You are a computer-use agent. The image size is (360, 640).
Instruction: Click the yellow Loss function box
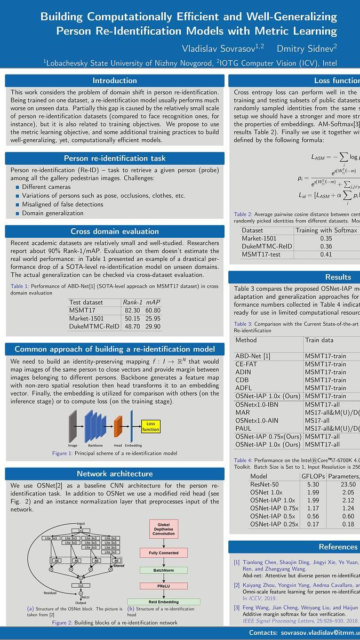pyautogui.click(x=151, y=426)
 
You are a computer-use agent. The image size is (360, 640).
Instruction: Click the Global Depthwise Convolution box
pyautogui.click(x=164, y=530)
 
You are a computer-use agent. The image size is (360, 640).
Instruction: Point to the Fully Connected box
pyautogui.click(x=164, y=553)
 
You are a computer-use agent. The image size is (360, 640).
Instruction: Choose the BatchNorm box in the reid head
pyautogui.click(x=164, y=570)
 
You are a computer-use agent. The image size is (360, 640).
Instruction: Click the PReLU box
pyautogui.click(x=164, y=586)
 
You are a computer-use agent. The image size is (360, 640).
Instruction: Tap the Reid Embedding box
pyautogui.click(x=164, y=602)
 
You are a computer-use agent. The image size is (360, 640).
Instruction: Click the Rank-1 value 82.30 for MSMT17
pyautogui.click(x=132, y=310)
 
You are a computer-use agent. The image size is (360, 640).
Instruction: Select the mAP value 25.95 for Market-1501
pyautogui.click(x=153, y=318)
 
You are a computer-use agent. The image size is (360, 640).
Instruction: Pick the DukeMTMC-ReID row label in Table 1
pyautogui.click(x=91, y=326)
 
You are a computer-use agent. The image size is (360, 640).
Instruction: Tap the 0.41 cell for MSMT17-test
pyautogui.click(x=326, y=255)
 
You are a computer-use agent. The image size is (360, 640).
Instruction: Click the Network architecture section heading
pyautogui.click(x=115, y=474)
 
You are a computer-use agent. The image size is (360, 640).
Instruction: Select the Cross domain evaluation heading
pyautogui.click(x=115, y=231)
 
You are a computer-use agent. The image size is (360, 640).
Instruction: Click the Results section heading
pyautogui.click(x=338, y=277)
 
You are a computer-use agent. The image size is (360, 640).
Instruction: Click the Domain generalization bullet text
pyautogui.click(x=53, y=213)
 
